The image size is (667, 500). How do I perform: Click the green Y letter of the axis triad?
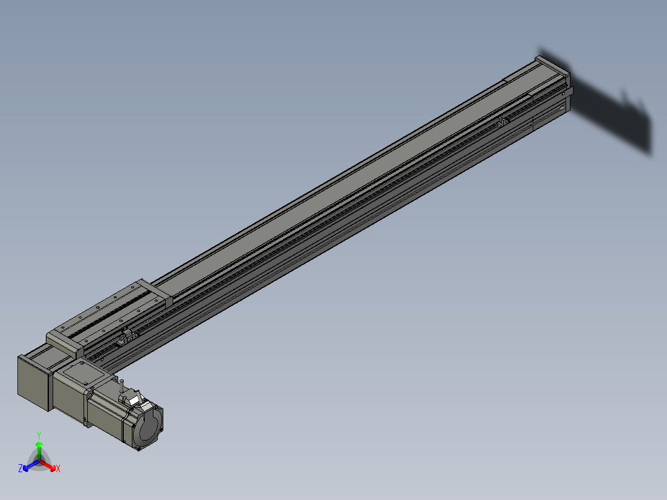click(x=38, y=435)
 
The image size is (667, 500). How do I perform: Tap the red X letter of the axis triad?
click(x=58, y=469)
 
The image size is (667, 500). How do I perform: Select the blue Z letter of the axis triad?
click(x=20, y=468)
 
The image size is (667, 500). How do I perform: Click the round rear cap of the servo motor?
click(x=148, y=427)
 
